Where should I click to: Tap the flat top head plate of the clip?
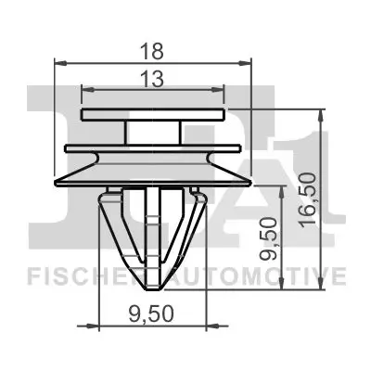coord(154,115)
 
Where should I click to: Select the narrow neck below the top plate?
coord(154,134)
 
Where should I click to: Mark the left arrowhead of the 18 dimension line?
coord(60,63)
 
